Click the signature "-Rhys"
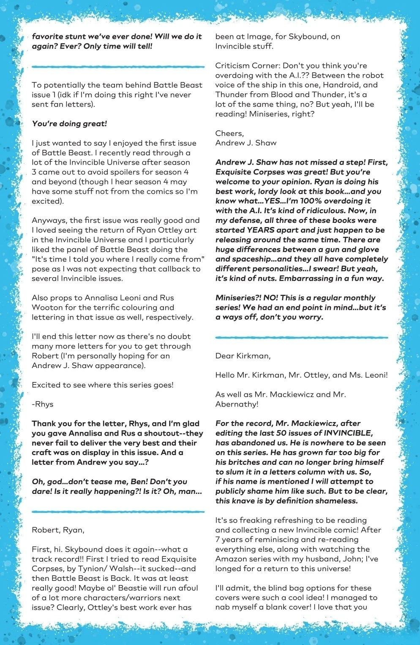click(x=43, y=404)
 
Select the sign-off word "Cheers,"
click(x=229, y=133)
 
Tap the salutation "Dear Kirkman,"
click(x=243, y=356)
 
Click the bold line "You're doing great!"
click(x=69, y=124)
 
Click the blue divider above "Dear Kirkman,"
click(x=301, y=337)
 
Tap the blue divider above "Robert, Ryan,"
click(x=118, y=512)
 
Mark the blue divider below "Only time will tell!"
click(x=118, y=66)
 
